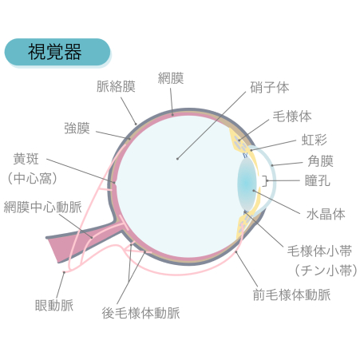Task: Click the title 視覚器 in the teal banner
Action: (55, 52)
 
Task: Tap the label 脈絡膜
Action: (116, 86)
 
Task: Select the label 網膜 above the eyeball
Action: (171, 78)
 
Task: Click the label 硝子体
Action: (269, 88)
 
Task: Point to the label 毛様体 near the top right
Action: (292, 117)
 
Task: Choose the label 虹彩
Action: (314, 140)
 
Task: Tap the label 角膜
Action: (320, 161)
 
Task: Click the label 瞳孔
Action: (318, 181)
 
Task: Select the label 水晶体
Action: (326, 214)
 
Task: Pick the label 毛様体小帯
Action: (319, 251)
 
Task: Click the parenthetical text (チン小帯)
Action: (326, 271)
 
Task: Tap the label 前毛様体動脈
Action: (291, 295)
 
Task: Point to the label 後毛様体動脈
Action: (140, 313)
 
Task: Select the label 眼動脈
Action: (54, 306)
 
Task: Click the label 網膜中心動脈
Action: (43, 208)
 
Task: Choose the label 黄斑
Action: (26, 159)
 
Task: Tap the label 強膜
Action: (77, 129)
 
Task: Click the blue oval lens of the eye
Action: (247, 184)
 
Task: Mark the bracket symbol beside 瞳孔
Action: (265, 181)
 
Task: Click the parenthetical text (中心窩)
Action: (33, 178)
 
